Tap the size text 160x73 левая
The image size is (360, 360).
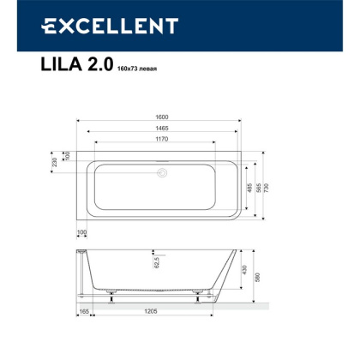(133, 69)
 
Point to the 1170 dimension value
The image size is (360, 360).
(161, 143)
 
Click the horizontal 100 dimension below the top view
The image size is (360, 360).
(82, 231)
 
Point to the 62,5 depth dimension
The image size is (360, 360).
(156, 261)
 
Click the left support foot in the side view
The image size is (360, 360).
(111, 293)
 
